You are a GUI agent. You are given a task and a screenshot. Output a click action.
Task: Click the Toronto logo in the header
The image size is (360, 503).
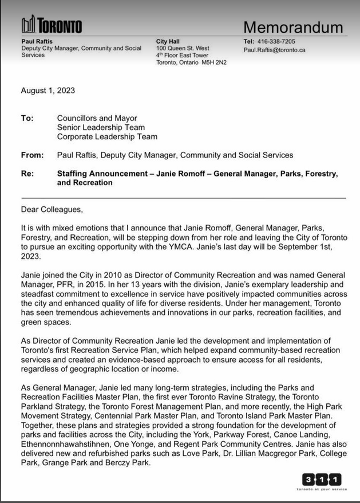tap(52, 25)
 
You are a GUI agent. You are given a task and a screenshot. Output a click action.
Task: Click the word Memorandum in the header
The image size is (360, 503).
tap(293, 27)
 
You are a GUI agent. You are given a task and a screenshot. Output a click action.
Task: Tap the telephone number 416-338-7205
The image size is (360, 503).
tap(276, 41)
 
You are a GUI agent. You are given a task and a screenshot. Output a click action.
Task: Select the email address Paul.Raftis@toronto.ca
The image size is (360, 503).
tap(274, 50)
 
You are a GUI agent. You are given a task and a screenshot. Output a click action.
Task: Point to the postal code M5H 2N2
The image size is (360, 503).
tap(213, 62)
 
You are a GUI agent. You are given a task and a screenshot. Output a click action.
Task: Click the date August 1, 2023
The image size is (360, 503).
tap(48, 90)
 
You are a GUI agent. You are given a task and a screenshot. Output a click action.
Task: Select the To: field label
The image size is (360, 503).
tap(27, 118)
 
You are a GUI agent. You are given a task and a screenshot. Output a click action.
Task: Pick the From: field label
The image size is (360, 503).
tap(32, 155)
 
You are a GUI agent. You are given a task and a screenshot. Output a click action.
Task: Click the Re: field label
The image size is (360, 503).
tap(27, 173)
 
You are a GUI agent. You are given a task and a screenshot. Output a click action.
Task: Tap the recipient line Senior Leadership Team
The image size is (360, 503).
tap(101, 127)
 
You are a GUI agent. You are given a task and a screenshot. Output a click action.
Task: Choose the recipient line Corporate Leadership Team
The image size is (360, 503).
tap(107, 136)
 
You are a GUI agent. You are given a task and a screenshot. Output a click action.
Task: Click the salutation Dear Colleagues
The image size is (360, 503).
tap(52, 209)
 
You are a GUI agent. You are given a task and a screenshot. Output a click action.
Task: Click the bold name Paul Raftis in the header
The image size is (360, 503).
tap(35, 41)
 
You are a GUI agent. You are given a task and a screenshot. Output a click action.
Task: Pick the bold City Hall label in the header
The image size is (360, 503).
tap(168, 41)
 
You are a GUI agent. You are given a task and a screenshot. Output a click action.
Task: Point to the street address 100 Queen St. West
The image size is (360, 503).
tap(183, 49)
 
